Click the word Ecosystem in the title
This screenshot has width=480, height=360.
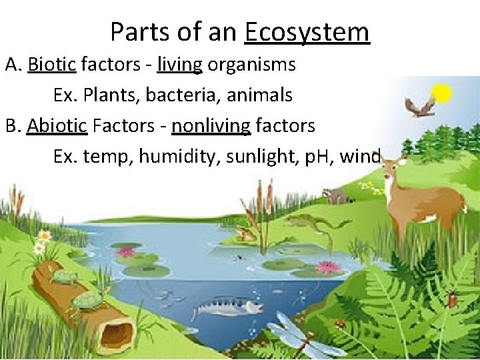307,32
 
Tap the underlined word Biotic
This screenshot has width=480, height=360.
53,65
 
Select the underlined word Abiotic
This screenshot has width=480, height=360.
57,125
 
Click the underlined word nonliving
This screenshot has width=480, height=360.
211,125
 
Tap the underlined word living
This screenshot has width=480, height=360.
179,65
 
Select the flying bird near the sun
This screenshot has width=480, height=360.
420,105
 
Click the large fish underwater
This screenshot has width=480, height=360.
227,306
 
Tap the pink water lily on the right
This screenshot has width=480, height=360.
328,267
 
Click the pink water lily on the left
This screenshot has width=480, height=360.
125,252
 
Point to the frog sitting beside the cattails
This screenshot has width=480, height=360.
246,234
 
